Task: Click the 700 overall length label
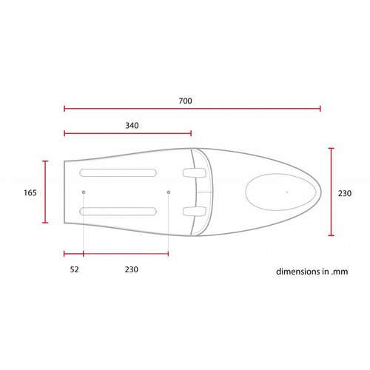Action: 185,100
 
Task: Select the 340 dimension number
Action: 132,125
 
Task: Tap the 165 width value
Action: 30,192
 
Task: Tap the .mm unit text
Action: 339,271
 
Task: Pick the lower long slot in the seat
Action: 118,212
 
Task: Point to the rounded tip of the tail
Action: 320,191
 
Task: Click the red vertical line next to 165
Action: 46,192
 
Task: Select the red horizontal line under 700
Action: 192,109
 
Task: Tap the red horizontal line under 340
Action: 128,134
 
